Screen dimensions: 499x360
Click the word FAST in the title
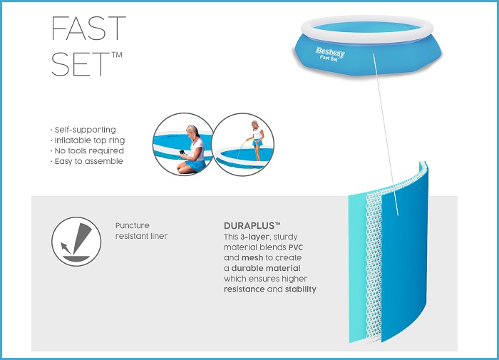pyautogui.click(x=88, y=29)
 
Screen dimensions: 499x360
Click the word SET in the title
pyautogui.click(x=81, y=64)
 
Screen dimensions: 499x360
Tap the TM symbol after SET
pyautogui.click(x=117, y=55)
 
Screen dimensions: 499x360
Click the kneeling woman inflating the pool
pyautogui.click(x=192, y=150)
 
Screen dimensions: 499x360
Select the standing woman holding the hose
pyautogui.click(x=257, y=139)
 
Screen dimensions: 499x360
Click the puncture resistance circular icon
pyautogui.click(x=76, y=242)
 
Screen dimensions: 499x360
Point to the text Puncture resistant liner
pyautogui.click(x=141, y=231)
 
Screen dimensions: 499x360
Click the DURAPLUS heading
pyautogui.click(x=252, y=226)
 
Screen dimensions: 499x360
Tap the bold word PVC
pyautogui.click(x=296, y=247)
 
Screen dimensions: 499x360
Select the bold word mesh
pyautogui.click(x=252, y=257)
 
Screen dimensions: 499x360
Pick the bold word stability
pyautogui.click(x=300, y=289)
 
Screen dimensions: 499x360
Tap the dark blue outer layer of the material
pyautogui.click(x=404, y=254)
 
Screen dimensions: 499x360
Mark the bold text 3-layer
pyautogui.click(x=254, y=237)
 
